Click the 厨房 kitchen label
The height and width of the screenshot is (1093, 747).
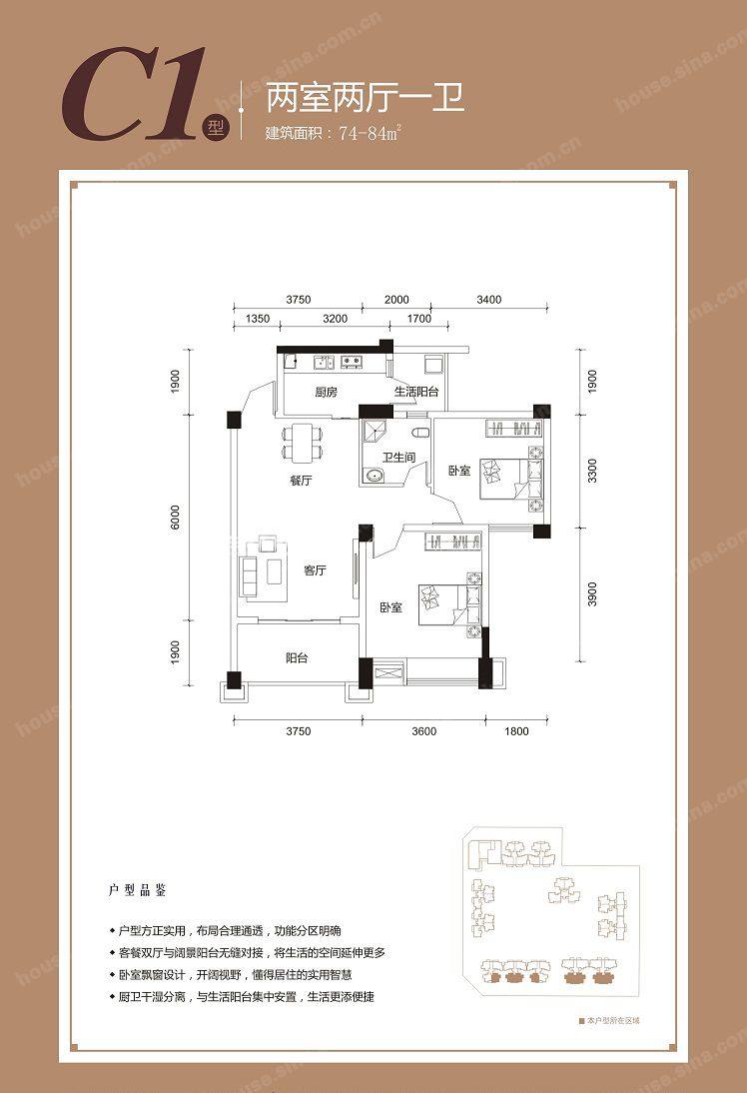click(x=326, y=392)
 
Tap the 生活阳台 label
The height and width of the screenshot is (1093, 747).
click(x=416, y=392)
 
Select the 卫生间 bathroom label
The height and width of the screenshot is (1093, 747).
click(x=398, y=458)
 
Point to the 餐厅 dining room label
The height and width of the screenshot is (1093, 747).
click(x=301, y=481)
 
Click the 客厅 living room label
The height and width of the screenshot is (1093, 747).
click(x=315, y=570)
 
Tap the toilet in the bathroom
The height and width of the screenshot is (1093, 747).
click(x=419, y=434)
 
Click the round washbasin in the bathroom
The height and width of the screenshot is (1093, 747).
click(x=373, y=477)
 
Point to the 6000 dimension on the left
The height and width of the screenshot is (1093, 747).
click(x=175, y=517)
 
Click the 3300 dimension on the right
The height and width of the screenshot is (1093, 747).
click(x=592, y=472)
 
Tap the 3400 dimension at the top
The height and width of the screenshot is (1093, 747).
click(x=488, y=300)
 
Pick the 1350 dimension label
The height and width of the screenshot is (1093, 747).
click(x=258, y=319)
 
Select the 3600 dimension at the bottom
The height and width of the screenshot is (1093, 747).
click(x=423, y=731)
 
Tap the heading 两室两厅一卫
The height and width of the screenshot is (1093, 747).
click(x=366, y=97)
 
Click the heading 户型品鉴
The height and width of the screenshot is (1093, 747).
click(x=137, y=890)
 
